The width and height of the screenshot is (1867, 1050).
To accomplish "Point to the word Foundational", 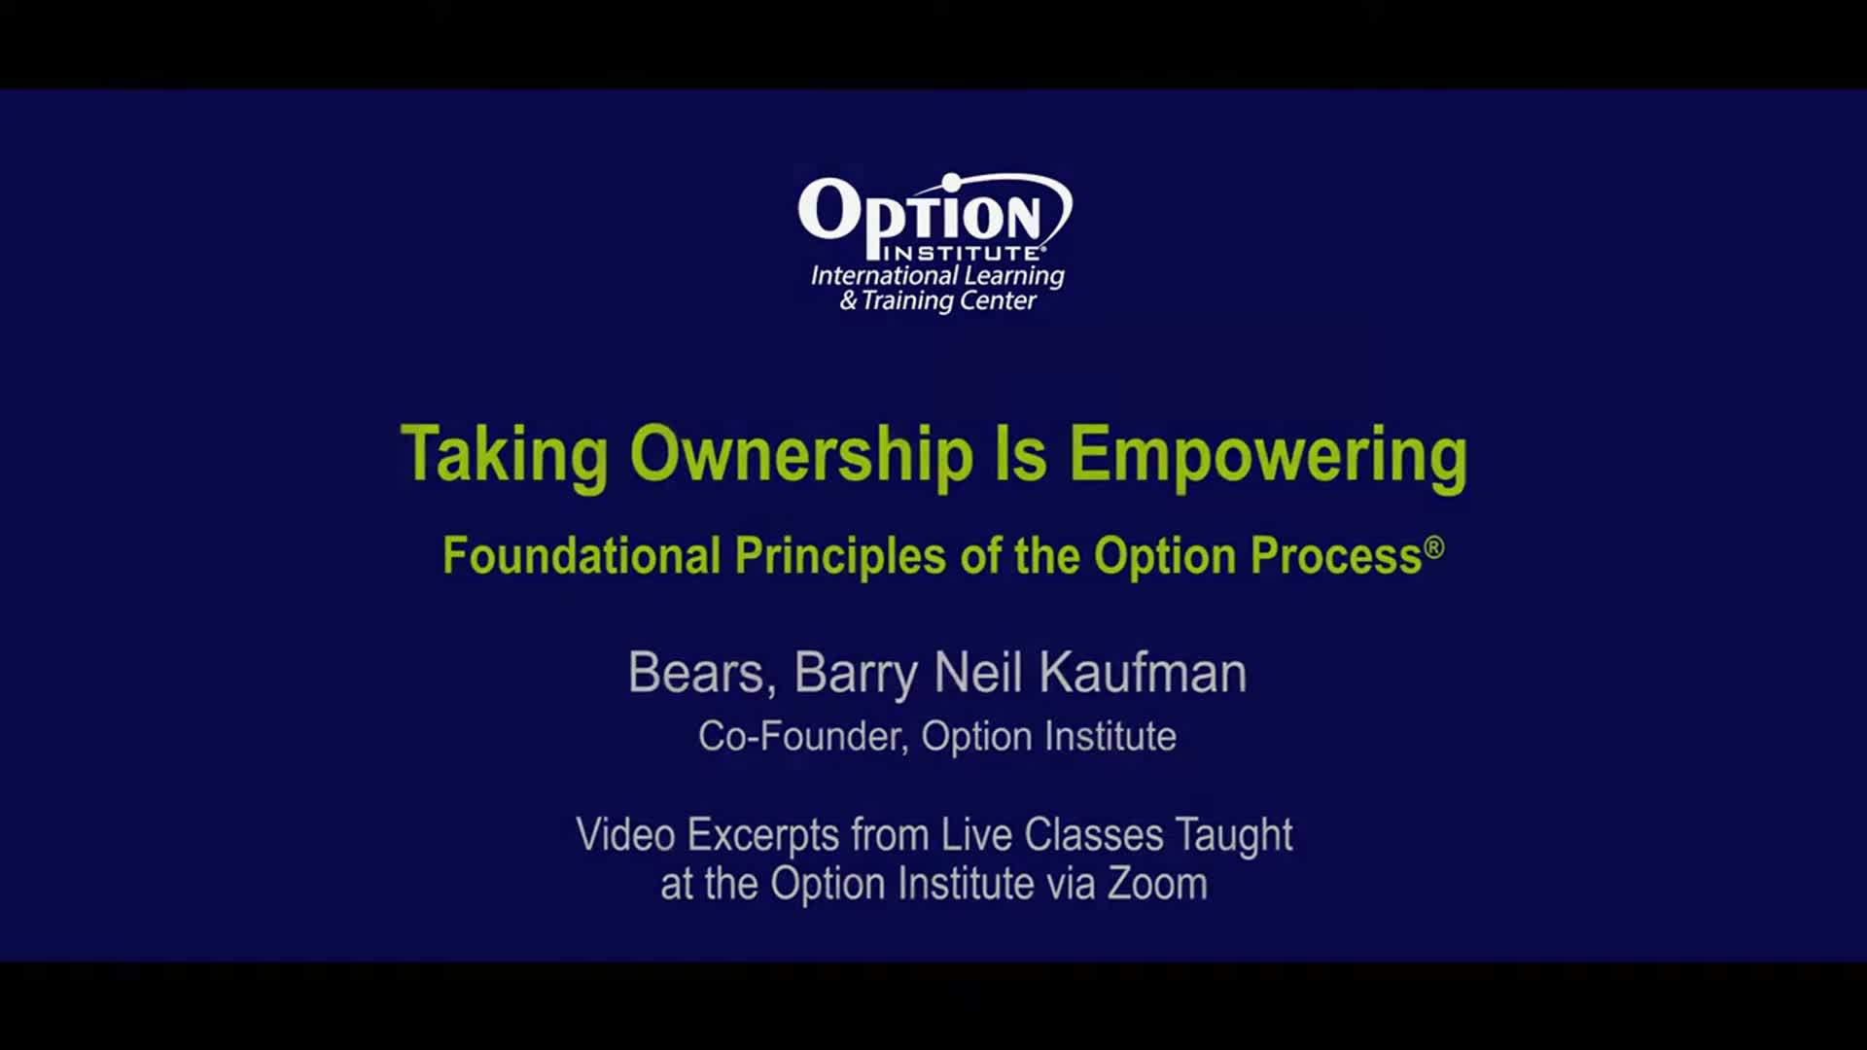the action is (x=581, y=556).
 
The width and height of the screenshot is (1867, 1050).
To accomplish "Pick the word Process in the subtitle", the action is (x=1336, y=556).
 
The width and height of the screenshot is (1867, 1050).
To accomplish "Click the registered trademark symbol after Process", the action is (x=1434, y=547).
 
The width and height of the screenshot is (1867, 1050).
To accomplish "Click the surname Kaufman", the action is (x=1143, y=673).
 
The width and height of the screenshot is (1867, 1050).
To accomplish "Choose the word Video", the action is (x=625, y=835).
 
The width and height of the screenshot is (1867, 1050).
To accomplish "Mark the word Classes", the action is (x=1094, y=835).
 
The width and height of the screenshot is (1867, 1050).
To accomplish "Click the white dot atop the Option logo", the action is (x=952, y=182).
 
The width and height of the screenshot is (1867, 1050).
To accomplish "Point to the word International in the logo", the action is (x=884, y=276).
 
